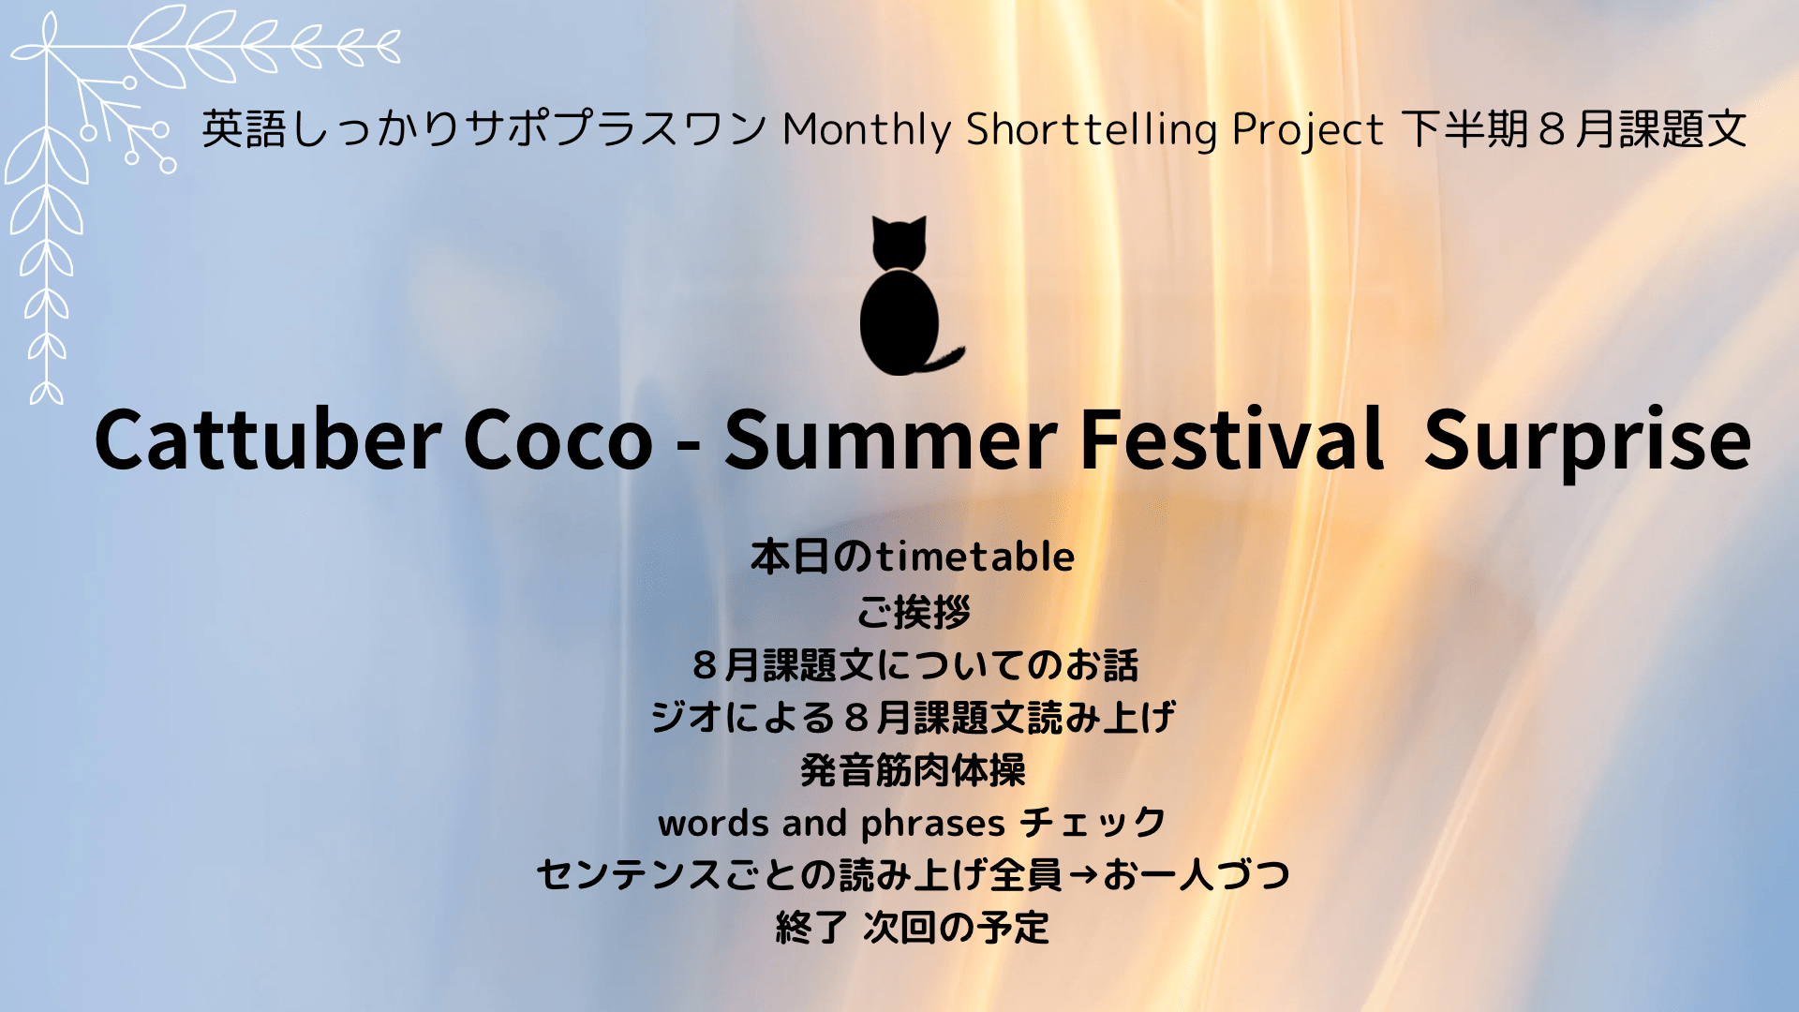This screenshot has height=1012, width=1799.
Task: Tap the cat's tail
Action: click(x=942, y=359)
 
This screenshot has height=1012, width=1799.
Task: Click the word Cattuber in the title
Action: click(x=268, y=439)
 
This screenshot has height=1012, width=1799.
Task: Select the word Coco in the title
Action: click(x=558, y=440)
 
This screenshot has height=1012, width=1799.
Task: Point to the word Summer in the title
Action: click(x=891, y=439)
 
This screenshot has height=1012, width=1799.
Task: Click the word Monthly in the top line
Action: click(x=867, y=129)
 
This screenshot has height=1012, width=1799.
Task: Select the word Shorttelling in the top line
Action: click(x=1092, y=129)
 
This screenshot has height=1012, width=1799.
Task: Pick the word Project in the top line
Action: click(x=1308, y=130)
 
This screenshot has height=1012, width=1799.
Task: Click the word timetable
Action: click(x=975, y=557)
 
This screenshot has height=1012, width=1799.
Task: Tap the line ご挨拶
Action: click(x=914, y=613)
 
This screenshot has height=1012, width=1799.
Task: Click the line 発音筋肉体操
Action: click(x=914, y=770)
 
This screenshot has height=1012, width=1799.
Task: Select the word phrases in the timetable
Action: click(x=933, y=825)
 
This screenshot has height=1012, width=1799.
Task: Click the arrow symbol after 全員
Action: click(x=1083, y=875)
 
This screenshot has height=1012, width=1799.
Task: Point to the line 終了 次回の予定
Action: click(x=914, y=928)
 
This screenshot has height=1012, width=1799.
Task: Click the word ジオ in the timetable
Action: click(x=688, y=718)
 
